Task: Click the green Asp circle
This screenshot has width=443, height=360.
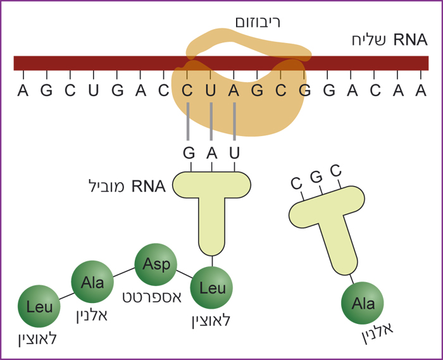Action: click(156, 264)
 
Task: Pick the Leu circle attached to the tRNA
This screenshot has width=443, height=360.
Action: click(211, 288)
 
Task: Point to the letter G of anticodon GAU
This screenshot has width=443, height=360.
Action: click(188, 154)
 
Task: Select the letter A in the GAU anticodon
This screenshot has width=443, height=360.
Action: click(211, 154)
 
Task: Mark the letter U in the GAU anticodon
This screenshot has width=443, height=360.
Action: click(235, 154)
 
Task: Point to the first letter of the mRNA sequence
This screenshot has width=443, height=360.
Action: click(23, 91)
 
